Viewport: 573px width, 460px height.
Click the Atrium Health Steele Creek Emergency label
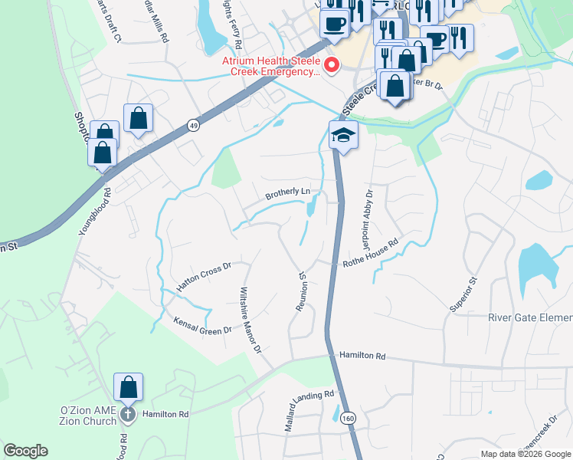pyautogui.click(x=270, y=65)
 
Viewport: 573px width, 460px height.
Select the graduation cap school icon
pyautogui.click(x=343, y=136)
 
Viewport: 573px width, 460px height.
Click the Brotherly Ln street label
pyautogui.click(x=287, y=192)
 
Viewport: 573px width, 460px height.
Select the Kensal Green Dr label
pyautogui.click(x=202, y=325)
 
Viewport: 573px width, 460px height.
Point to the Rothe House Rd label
pyautogui.click(x=372, y=252)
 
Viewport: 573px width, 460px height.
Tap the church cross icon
pyautogui.click(x=128, y=415)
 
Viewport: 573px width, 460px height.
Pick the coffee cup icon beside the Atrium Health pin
pyautogui.click(x=334, y=23)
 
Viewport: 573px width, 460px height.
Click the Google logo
pyautogui.click(x=25, y=451)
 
